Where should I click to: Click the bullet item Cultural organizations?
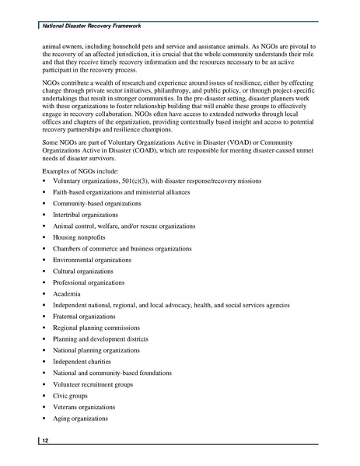(x=83, y=271)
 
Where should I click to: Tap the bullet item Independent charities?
(x=82, y=362)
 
